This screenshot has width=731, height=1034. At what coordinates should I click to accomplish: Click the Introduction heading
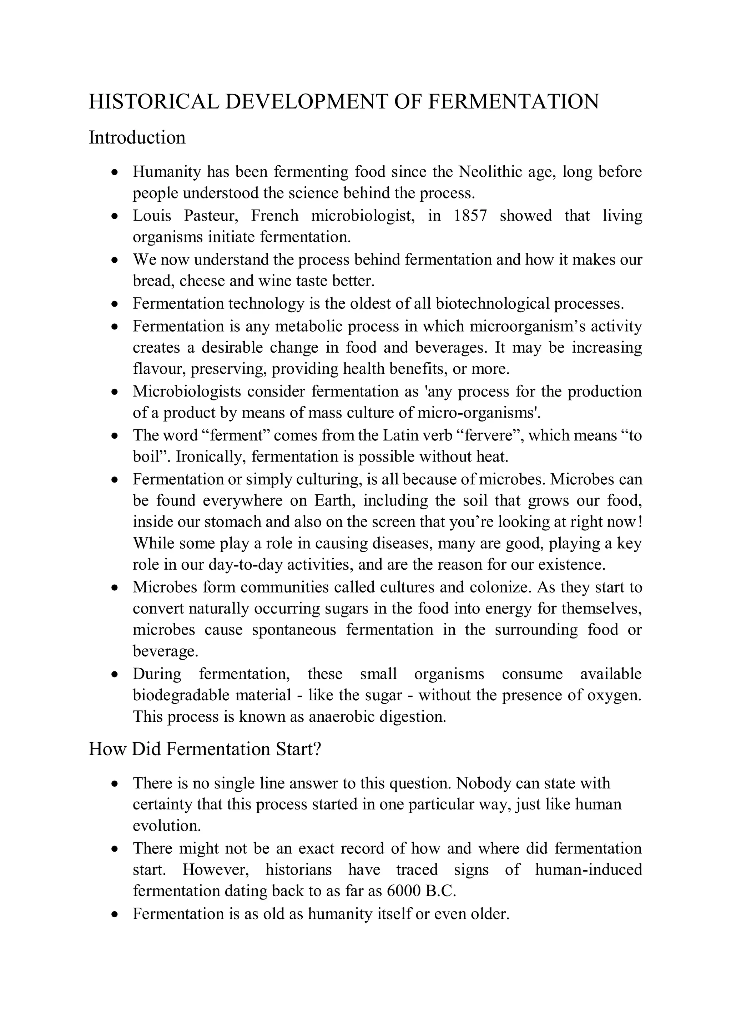(137, 137)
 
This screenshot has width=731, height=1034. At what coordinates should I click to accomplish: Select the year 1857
(470, 216)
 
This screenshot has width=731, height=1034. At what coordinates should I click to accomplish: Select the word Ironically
(211, 457)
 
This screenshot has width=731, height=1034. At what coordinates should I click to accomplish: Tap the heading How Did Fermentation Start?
(205, 749)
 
